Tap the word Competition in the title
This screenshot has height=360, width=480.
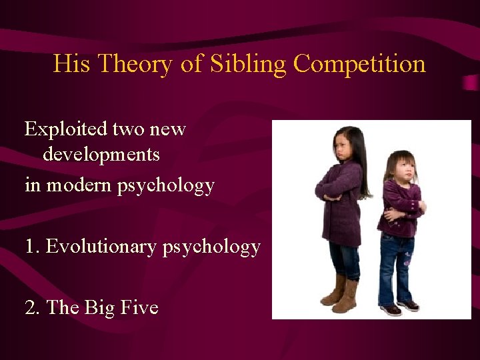359,65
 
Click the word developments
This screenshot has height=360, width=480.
101,155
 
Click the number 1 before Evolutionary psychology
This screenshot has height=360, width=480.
30,247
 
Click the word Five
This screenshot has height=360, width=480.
141,307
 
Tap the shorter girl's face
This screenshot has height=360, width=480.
403,169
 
